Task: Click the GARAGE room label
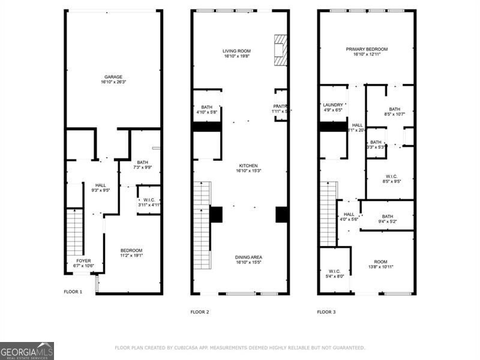tap(113, 77)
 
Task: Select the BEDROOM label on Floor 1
tap(131, 250)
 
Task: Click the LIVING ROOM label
tap(236, 51)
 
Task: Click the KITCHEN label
tap(248, 166)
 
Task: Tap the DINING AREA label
tap(248, 257)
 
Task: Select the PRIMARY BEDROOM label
tap(366, 49)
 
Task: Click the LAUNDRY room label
tap(332, 104)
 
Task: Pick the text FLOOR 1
tap(73, 292)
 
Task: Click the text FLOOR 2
tap(200, 311)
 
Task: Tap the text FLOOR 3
tap(326, 311)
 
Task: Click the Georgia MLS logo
tap(27, 350)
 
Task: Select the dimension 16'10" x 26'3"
tap(113, 83)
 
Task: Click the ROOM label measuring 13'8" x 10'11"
tap(380, 262)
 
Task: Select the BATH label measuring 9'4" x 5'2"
tap(387, 217)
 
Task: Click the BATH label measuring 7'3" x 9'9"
tap(142, 162)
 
